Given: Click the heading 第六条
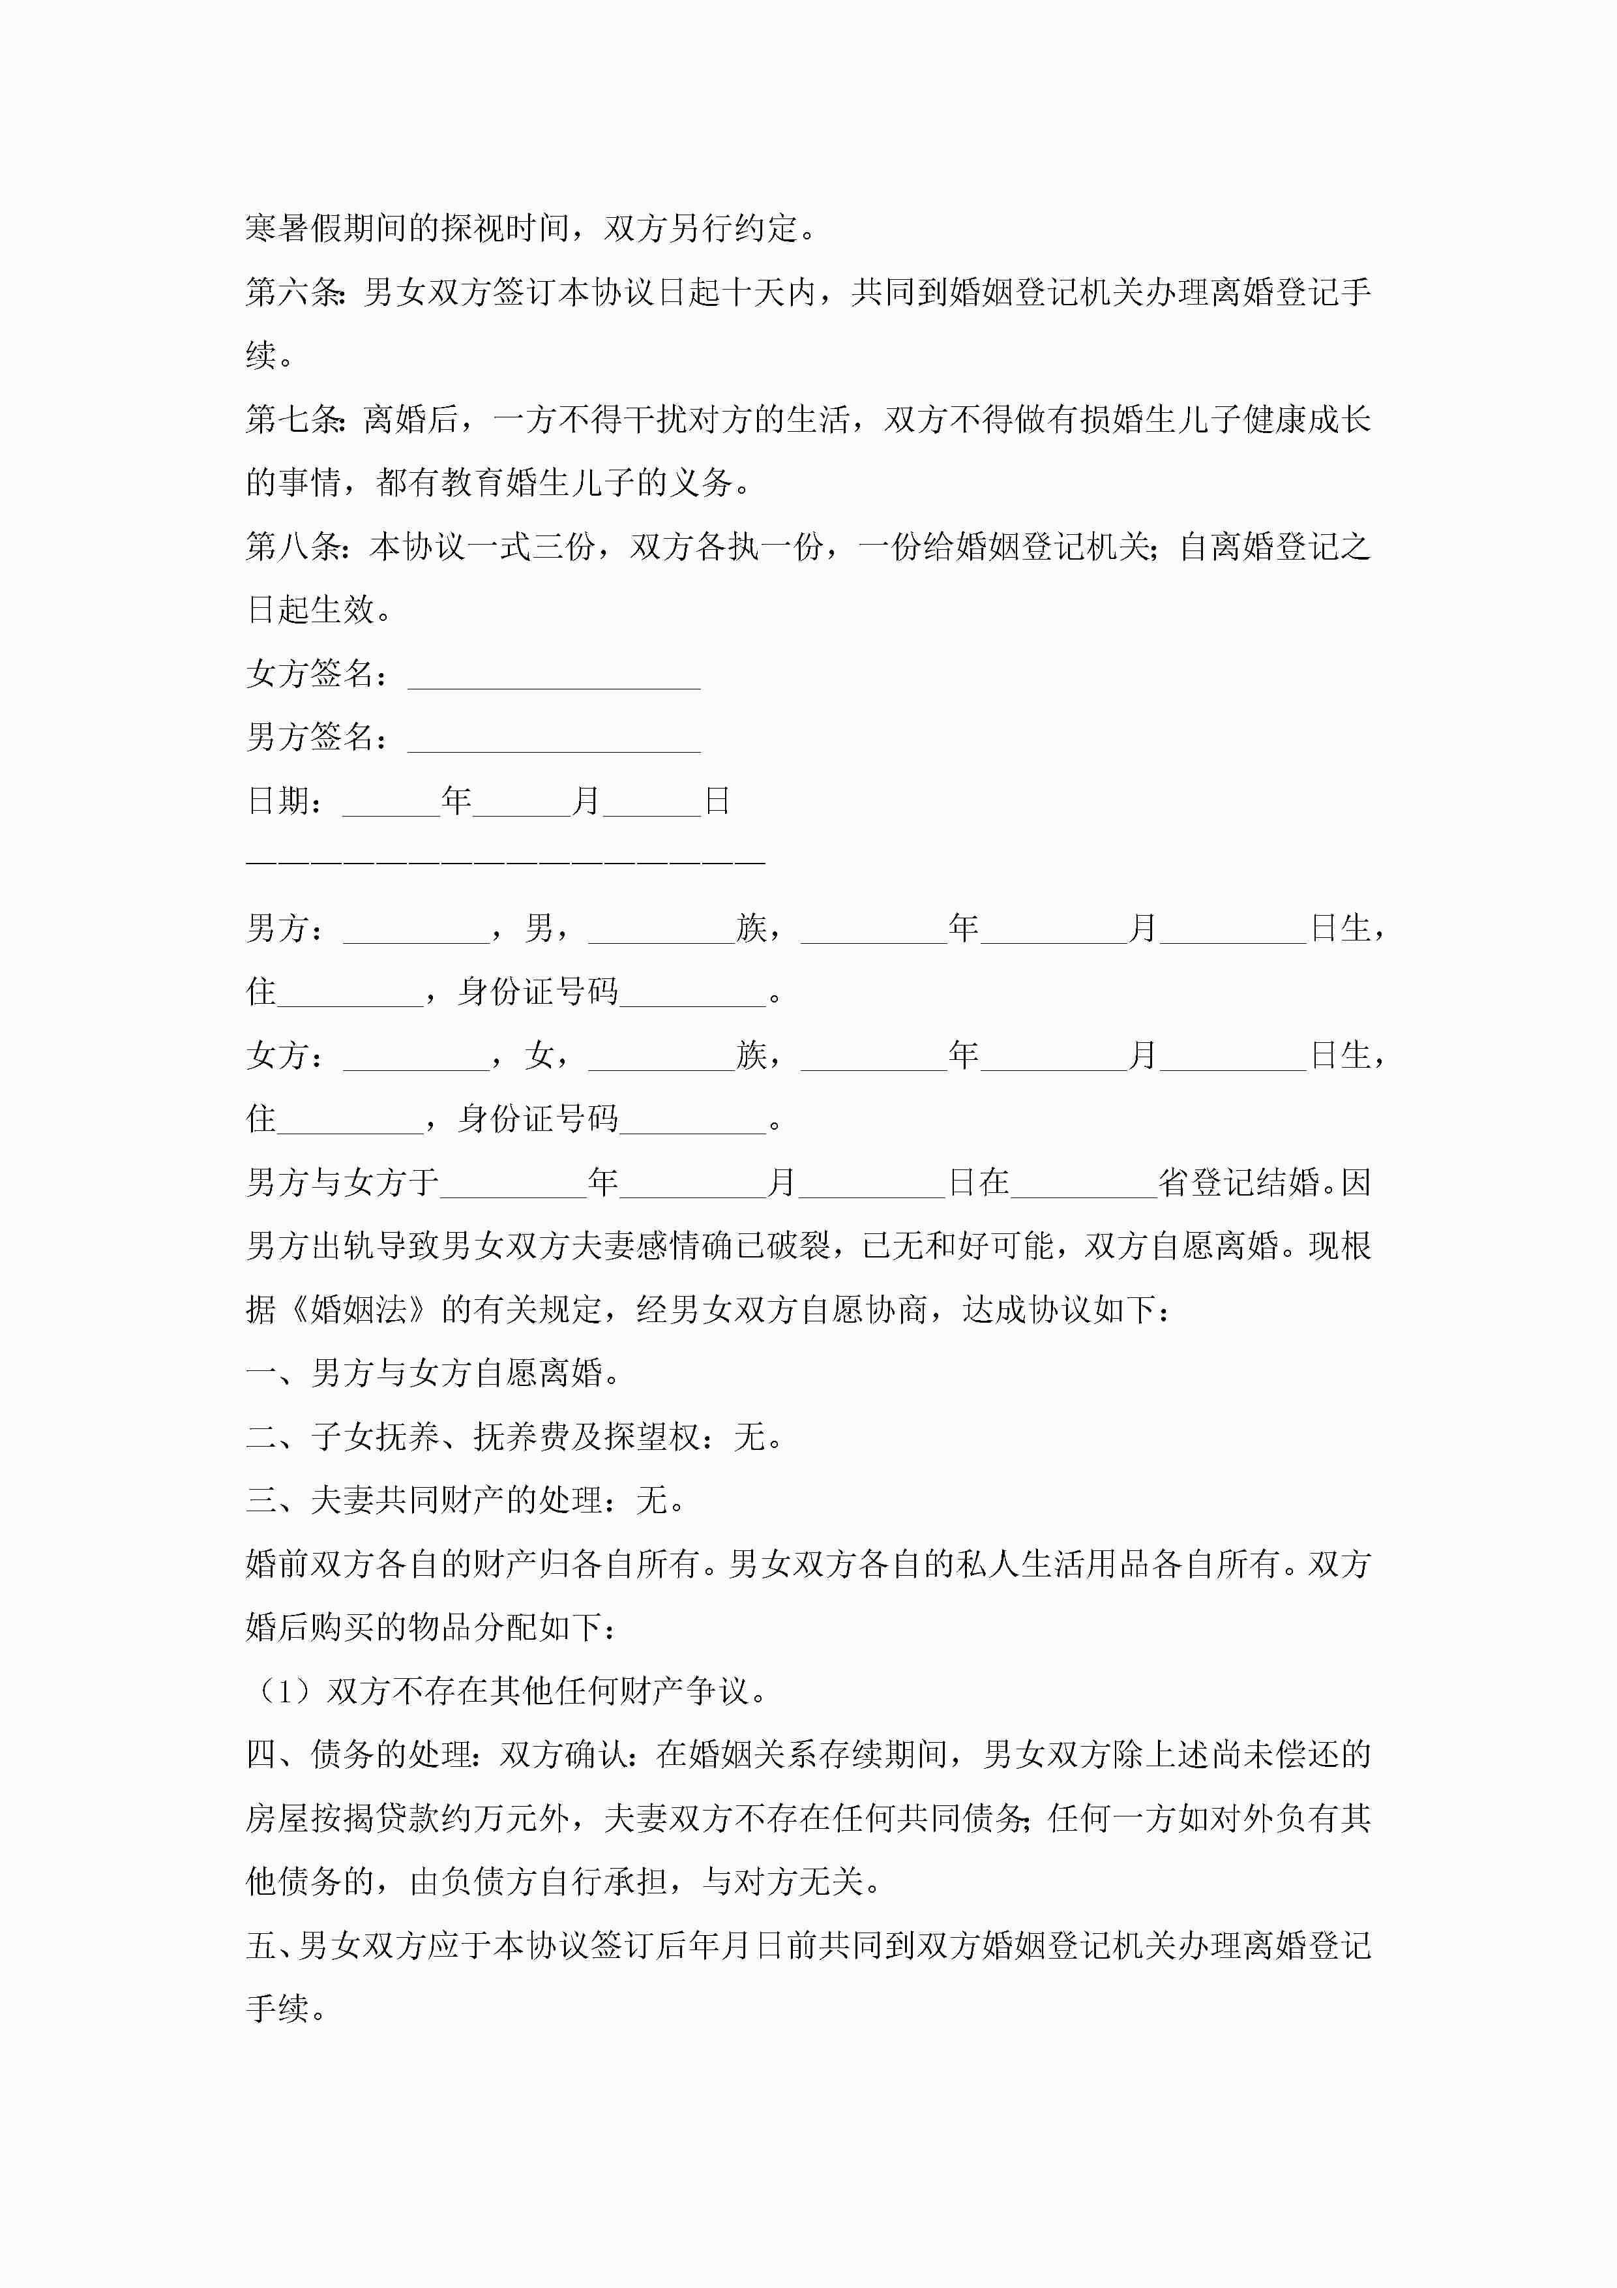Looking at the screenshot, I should [294, 292].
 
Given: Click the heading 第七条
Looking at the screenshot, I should [294, 419].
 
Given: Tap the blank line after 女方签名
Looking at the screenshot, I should [554, 676].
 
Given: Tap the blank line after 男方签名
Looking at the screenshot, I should [554, 740].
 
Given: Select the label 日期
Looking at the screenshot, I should [279, 801].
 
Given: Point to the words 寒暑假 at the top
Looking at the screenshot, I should [294, 228].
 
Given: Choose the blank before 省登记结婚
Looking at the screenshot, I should [1083, 1184].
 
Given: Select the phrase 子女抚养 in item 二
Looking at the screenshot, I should [375, 1437].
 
